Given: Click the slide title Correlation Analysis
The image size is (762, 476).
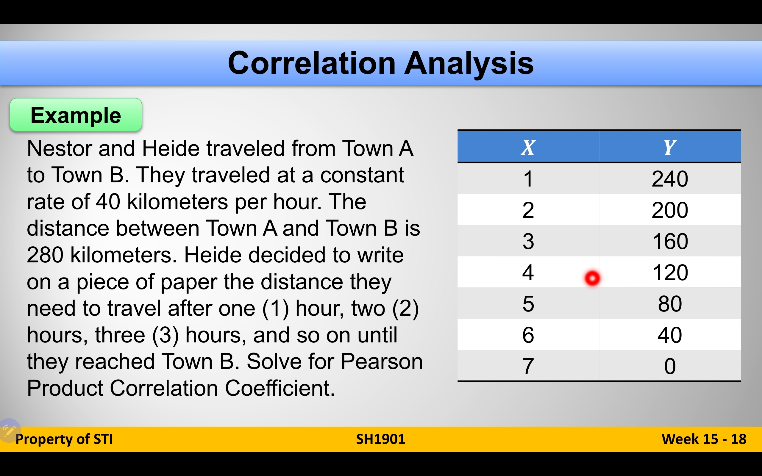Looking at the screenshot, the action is pyautogui.click(x=381, y=63).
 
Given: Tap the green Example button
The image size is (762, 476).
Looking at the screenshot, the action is pyautogui.click(x=76, y=115).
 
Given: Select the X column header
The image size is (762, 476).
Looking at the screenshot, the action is pyautogui.click(x=528, y=147).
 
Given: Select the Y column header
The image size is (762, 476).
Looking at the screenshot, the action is pyautogui.click(x=670, y=147).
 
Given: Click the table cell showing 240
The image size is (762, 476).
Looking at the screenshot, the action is pyautogui.click(x=670, y=179).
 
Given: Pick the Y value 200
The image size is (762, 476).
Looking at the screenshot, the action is pyautogui.click(x=670, y=210).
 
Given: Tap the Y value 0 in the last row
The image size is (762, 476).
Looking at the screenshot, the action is pyautogui.click(x=670, y=366).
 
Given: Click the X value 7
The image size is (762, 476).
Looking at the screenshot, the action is pyautogui.click(x=528, y=366).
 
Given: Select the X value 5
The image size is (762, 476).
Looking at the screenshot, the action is pyautogui.click(x=528, y=304).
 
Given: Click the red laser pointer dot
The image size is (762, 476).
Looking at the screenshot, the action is pyautogui.click(x=592, y=278).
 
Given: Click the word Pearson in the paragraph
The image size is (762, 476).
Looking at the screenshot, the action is pyautogui.click(x=382, y=361).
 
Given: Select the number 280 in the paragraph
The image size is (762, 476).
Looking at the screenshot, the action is pyautogui.click(x=45, y=255).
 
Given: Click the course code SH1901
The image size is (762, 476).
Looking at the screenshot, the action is pyautogui.click(x=381, y=439).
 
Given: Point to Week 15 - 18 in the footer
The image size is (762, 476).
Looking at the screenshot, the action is pyautogui.click(x=704, y=439).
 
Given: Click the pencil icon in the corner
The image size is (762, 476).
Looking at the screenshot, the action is pyautogui.click(x=10, y=430).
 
